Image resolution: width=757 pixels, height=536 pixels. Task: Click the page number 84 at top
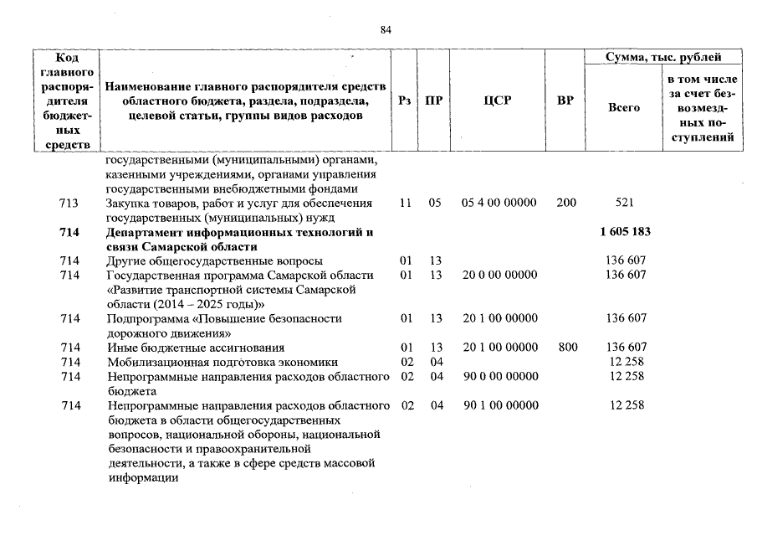pos(386,29)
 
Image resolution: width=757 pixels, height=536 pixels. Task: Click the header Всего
pos(624,107)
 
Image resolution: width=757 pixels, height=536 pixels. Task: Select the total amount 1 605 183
pos(625,232)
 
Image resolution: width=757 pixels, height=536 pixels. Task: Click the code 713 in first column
pos(70,204)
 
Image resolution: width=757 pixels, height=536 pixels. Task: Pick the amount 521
pos(625,204)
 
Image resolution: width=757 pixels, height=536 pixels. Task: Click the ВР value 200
pos(566,204)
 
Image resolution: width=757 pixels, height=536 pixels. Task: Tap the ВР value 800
pos(567,348)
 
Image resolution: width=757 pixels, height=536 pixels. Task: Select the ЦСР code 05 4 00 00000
pos(499,204)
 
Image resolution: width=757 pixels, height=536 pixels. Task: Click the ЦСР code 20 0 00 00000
pos(499,276)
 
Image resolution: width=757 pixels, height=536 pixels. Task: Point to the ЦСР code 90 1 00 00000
pos(499,406)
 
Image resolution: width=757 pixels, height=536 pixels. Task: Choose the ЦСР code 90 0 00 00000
pos(499,377)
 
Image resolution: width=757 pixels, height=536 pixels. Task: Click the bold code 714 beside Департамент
pos(70,232)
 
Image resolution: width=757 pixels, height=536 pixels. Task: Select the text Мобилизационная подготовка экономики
pos(222,363)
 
